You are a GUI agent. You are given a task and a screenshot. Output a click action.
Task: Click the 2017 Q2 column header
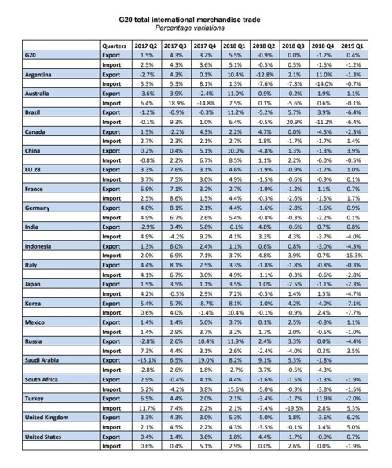coord(147,47)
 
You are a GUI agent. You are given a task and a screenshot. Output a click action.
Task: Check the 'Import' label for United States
coord(115,445)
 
